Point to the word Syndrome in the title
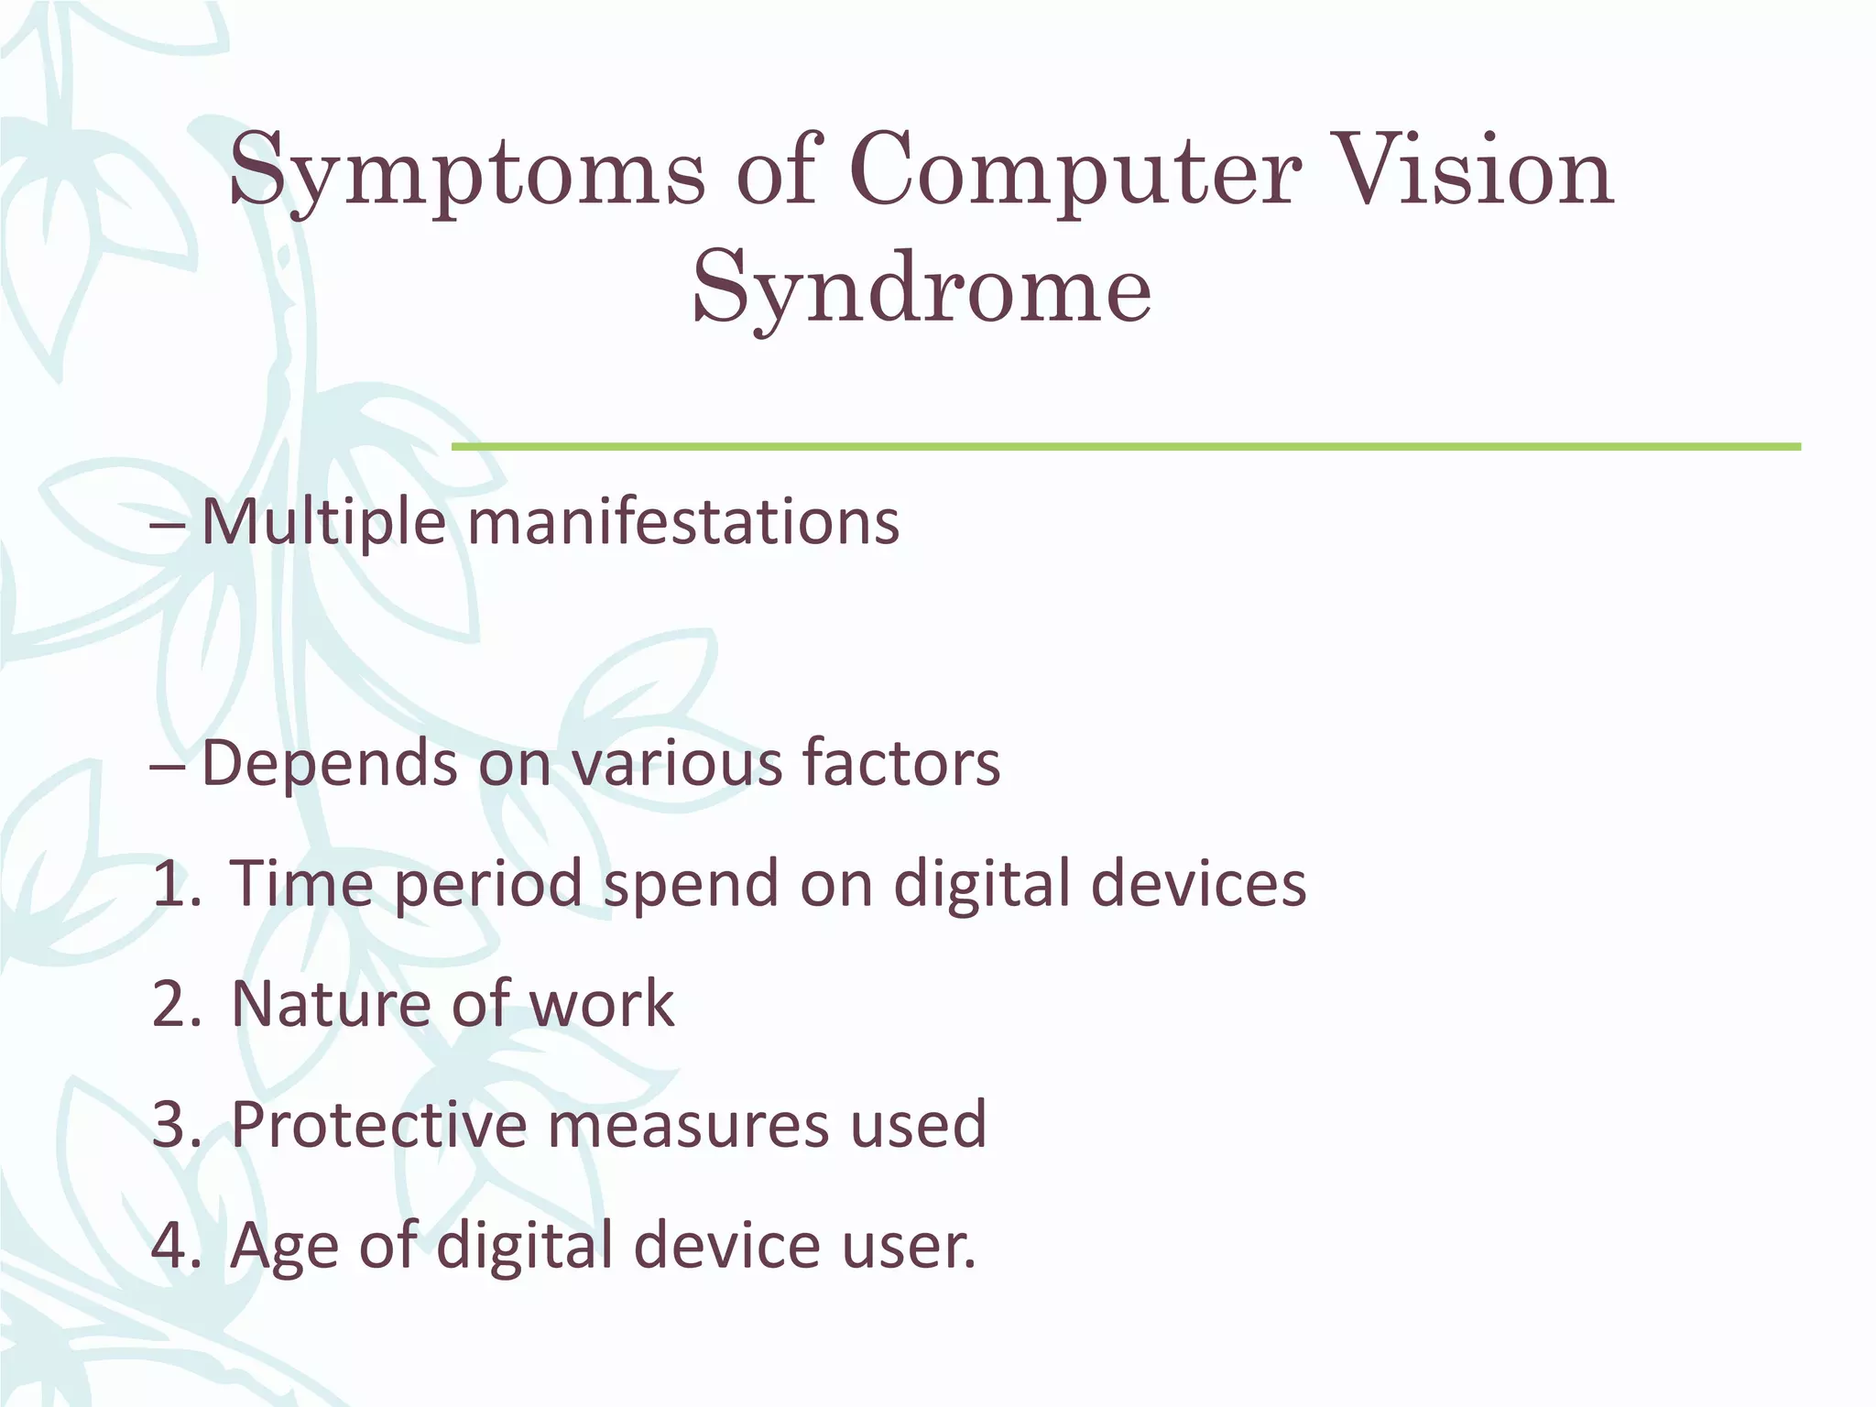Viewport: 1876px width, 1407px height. pos(921,289)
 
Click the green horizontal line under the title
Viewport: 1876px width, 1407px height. pos(1126,447)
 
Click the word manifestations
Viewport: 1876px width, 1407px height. pos(683,521)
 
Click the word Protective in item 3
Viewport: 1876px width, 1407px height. pos(378,1125)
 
